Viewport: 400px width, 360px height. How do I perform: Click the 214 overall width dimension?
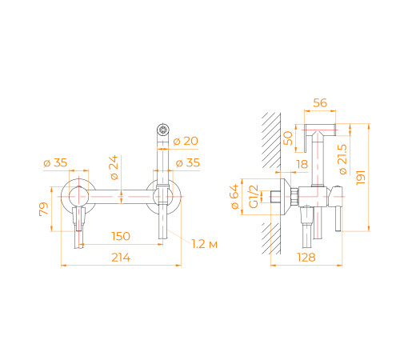coord(121,258)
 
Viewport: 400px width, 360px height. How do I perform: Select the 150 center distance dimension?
coord(121,236)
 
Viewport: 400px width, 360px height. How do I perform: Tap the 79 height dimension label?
coord(44,209)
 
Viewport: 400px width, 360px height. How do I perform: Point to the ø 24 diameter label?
coord(114,167)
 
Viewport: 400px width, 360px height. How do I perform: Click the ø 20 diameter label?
coord(186,141)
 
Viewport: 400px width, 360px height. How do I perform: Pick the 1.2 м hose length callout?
coord(205,244)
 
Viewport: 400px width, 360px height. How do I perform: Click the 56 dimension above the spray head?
coord(320,103)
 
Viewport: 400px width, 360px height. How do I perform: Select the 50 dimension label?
coord(288,138)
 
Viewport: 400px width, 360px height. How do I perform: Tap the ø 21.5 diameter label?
coord(342,159)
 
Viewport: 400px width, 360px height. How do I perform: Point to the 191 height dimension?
coord(361,178)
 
